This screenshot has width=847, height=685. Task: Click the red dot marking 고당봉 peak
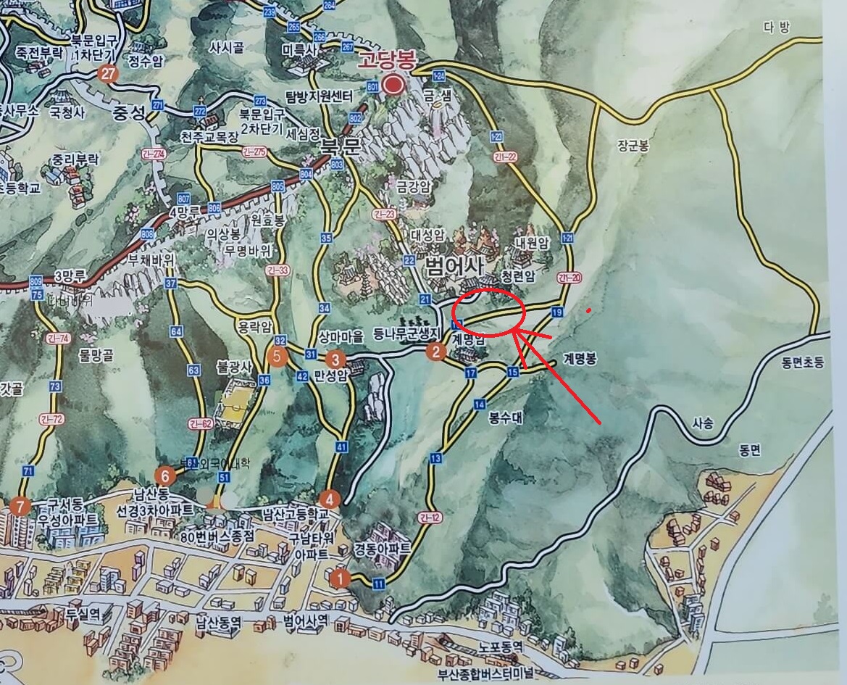coord(394,86)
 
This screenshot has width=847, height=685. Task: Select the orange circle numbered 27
coord(108,73)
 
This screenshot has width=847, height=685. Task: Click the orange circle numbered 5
coord(275,356)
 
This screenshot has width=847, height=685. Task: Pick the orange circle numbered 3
coord(335,359)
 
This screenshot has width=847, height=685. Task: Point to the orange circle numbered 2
coord(435,352)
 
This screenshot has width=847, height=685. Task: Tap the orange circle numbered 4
coord(330,499)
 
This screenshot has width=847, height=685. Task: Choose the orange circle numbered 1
coord(338,578)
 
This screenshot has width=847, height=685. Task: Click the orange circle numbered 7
coord(20,505)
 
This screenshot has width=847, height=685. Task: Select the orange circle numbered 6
coord(165,476)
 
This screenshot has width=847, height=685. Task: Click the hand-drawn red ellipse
coord(488,312)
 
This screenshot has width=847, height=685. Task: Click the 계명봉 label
coord(580,360)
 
